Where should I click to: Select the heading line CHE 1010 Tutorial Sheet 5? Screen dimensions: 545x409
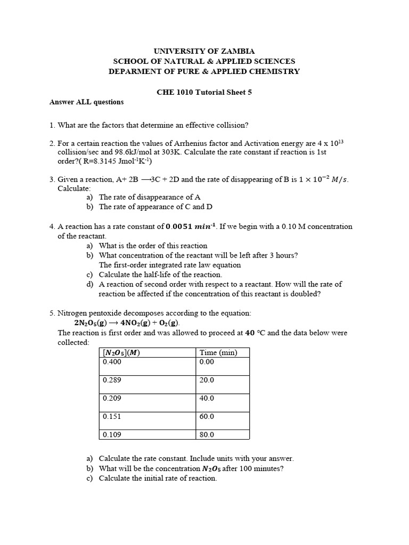(x=204, y=92)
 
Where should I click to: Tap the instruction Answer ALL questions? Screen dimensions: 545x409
(x=86, y=102)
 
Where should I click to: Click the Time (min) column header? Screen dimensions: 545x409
(x=218, y=352)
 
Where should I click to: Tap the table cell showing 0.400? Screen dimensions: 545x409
(x=112, y=362)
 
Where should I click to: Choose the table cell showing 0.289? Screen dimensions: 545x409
(x=112, y=380)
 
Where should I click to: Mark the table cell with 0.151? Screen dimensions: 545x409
(x=112, y=416)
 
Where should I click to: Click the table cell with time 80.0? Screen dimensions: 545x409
(x=207, y=434)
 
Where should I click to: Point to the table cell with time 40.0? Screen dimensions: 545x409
(x=207, y=398)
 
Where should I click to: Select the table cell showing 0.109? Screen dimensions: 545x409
(x=112, y=434)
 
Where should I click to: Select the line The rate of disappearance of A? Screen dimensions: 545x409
(x=150, y=197)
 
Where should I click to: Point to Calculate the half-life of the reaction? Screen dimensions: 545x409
(x=160, y=275)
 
